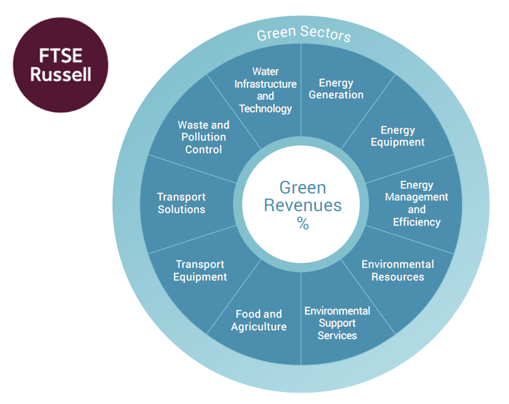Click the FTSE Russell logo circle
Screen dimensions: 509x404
point(60,65)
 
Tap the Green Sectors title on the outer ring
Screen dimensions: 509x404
point(304,34)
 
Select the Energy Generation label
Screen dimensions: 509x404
point(336,89)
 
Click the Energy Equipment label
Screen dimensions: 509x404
point(397,136)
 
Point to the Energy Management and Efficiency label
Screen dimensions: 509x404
point(416,204)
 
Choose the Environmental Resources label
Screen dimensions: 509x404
point(397,270)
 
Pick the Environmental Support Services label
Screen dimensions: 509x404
point(337,323)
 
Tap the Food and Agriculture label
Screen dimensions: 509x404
point(259,320)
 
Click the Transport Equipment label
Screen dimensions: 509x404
point(200,270)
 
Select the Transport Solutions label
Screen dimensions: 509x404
point(181,204)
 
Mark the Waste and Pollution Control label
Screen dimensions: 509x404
point(203,137)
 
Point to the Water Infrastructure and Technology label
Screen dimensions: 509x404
point(266,90)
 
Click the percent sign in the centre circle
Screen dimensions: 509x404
point(303,224)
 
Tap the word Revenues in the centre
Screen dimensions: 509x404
point(303,205)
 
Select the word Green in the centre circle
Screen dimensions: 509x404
point(303,187)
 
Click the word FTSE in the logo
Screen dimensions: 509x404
point(60,55)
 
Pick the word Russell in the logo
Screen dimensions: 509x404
point(60,74)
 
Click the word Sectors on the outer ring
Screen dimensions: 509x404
point(326,34)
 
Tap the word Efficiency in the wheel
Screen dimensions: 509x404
point(417,222)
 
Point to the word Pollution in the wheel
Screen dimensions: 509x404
point(203,137)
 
